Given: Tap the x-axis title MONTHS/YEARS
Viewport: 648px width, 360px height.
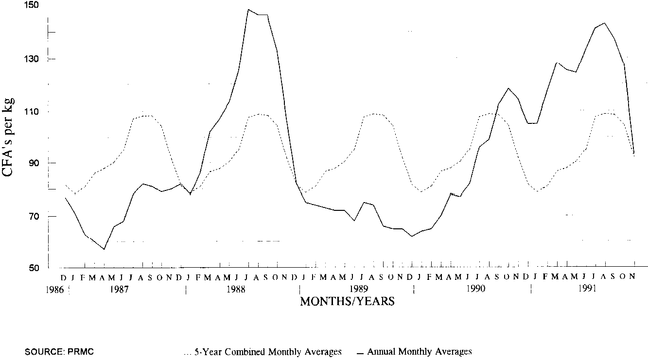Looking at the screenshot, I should coord(347,302).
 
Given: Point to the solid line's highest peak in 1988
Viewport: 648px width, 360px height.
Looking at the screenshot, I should coord(248,9).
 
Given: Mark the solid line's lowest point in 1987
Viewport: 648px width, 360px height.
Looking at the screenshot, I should coord(104,249).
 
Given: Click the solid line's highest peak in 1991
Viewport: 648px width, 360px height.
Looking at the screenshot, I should coord(605,23).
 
